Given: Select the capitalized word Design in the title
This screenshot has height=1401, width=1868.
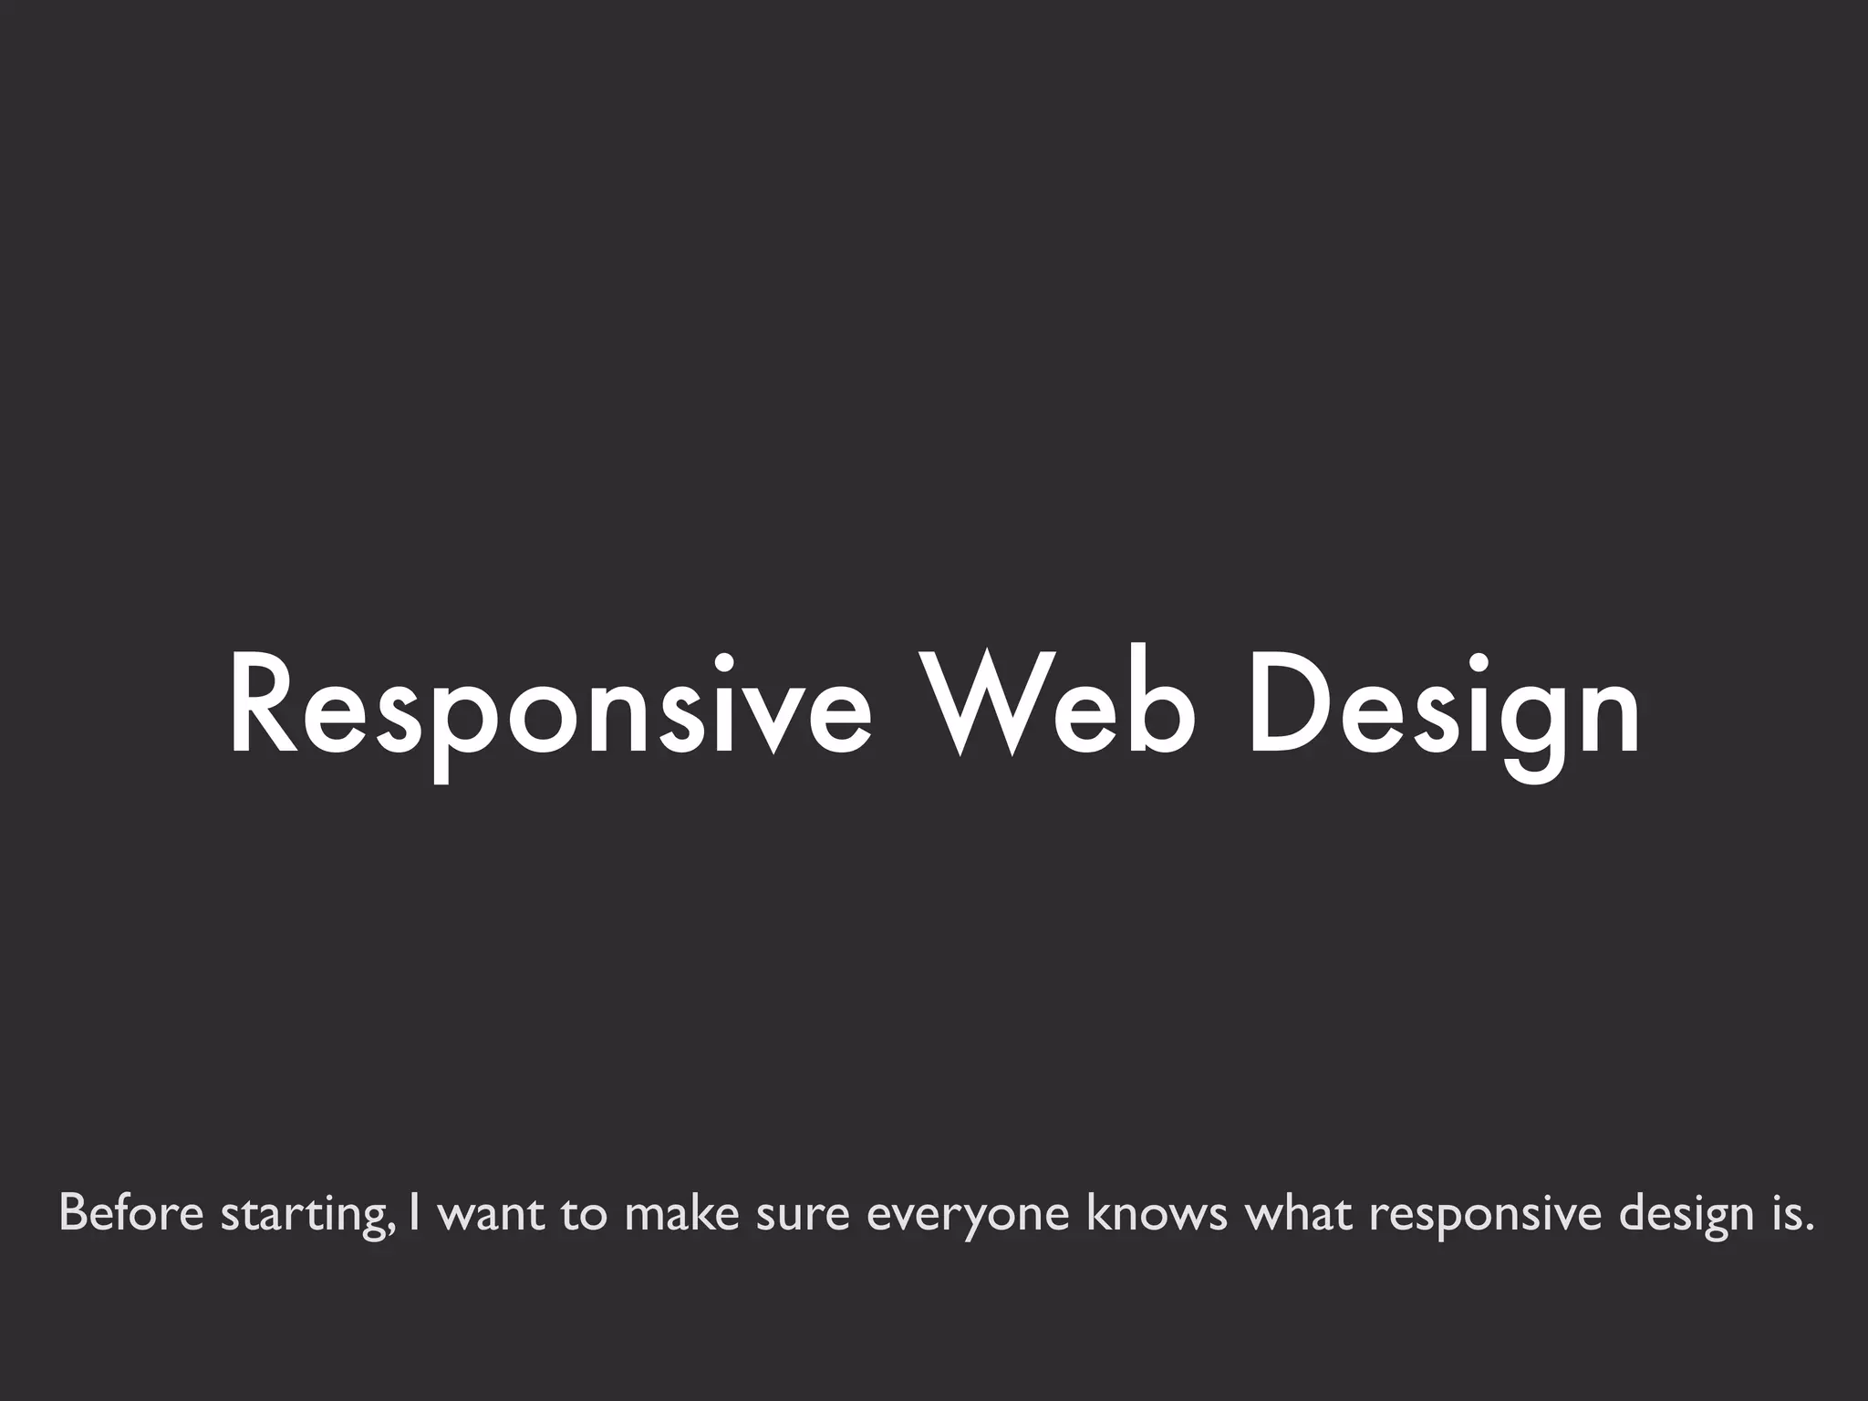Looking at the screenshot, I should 1444,706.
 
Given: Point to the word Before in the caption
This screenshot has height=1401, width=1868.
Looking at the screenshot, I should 130,1213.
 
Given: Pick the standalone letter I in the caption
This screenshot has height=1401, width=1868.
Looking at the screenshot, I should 415,1213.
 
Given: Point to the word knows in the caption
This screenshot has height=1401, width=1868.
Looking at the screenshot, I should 1157,1213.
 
